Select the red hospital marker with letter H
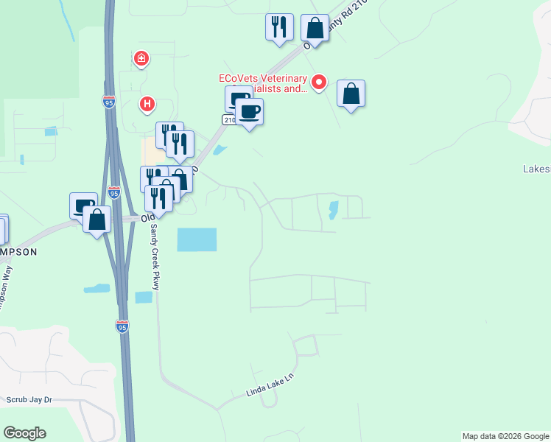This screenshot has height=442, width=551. tap(147, 105)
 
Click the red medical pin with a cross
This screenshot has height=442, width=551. tap(141, 57)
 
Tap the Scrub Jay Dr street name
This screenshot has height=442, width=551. tap(29, 400)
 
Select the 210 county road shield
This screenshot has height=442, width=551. tap(229, 119)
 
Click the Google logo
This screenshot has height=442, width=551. tap(24, 433)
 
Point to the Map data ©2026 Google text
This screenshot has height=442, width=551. tap(505, 436)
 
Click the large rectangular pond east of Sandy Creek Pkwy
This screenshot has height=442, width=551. tap(197, 239)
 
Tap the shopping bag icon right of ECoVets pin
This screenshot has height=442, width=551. tap(351, 94)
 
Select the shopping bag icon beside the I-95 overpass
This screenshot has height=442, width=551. tap(96, 219)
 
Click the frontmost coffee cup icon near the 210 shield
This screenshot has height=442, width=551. tap(249, 112)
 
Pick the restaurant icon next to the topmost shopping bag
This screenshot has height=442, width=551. tap(279, 27)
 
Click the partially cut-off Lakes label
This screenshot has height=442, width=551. tap(536, 169)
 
